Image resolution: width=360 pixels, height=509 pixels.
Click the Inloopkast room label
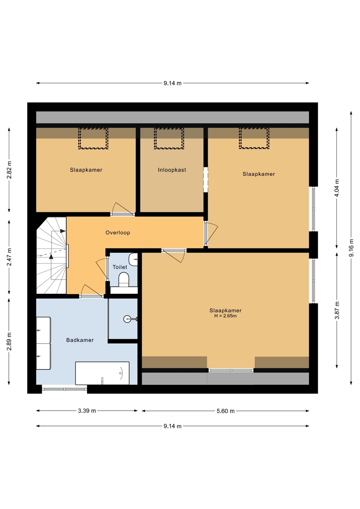point(172,170)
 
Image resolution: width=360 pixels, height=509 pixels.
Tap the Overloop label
point(118,233)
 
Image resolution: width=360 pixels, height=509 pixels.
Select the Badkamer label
point(80,340)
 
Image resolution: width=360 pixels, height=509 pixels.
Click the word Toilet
point(120,267)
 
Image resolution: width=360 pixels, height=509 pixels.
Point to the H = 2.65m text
point(226,316)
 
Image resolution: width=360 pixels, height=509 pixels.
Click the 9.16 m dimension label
point(351,248)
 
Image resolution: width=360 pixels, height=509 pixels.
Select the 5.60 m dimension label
point(226,411)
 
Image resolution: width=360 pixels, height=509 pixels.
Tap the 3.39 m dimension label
point(87,411)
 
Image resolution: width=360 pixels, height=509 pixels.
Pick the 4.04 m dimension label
point(337,188)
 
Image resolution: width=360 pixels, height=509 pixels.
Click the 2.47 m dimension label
point(9,257)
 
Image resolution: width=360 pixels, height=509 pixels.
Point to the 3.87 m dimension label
point(337,310)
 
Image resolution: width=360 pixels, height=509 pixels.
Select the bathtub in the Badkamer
point(102,373)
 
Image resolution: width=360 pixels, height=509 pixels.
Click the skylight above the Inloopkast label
point(169,139)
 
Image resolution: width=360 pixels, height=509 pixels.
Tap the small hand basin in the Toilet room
point(133,259)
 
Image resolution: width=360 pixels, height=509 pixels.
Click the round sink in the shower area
point(128,319)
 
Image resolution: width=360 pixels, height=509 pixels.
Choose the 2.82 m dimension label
point(9,170)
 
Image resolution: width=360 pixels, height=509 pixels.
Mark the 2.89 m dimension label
point(9,341)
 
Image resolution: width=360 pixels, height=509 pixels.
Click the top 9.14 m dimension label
point(173,83)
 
